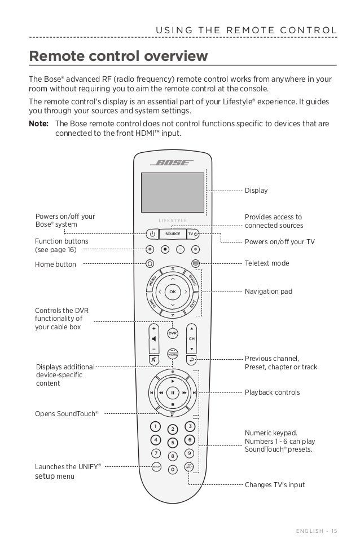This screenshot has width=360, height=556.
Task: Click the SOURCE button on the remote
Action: [x=173, y=233]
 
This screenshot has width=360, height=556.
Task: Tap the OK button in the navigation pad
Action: [x=173, y=292]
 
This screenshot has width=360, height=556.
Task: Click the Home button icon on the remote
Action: [x=150, y=263]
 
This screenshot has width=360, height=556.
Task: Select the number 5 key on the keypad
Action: [x=173, y=442]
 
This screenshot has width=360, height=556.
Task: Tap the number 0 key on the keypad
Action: [x=173, y=469]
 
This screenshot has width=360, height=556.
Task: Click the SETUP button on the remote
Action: [x=156, y=466]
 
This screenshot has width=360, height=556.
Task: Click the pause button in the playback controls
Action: [x=173, y=392]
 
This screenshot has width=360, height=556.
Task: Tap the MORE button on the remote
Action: [x=173, y=354]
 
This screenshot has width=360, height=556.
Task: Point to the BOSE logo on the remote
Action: [x=172, y=162]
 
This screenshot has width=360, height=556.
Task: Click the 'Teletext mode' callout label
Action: [x=266, y=263]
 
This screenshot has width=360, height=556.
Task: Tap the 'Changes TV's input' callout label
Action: [x=274, y=484]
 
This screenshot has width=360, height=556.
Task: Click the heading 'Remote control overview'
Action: [x=118, y=56]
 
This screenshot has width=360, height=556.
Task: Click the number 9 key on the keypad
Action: [x=190, y=452]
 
